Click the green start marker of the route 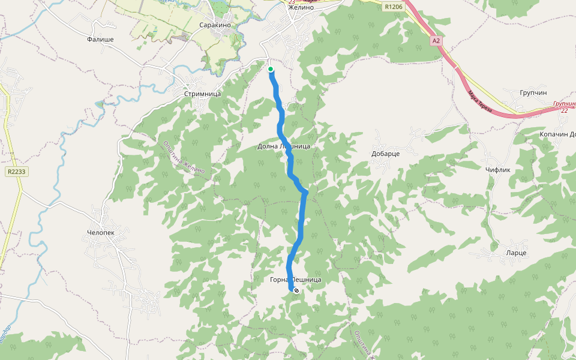271,70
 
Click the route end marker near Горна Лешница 296,290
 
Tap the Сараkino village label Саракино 215,25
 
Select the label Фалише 100,40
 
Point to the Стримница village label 202,94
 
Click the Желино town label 301,8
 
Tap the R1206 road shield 394,7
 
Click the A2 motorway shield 436,41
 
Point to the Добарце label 386,154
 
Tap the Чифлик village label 497,170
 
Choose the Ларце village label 516,253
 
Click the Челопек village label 101,232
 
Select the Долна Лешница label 284,146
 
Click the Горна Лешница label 296,280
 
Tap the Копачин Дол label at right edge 557,134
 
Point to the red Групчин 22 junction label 565,107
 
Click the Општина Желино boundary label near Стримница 184,157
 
